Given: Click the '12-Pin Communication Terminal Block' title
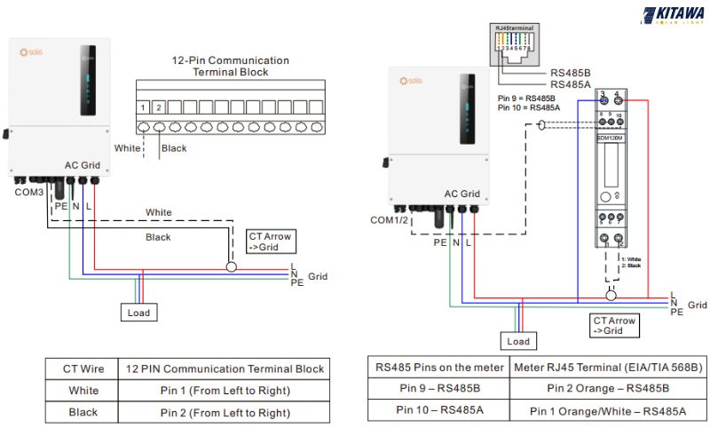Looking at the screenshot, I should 230,67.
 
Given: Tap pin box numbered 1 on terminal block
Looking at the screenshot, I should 143,107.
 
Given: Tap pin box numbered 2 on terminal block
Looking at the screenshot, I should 160,107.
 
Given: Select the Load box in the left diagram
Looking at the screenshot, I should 138,313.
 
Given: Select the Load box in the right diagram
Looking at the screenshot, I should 518,341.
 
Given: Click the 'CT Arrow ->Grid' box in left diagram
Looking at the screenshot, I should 271,242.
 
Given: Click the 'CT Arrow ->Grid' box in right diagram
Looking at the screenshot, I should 614,325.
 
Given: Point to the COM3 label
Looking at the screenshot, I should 28,192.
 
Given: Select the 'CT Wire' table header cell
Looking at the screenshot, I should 83,369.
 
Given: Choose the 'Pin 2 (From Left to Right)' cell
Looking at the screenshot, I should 225,413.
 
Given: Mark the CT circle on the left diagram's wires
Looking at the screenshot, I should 232,266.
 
